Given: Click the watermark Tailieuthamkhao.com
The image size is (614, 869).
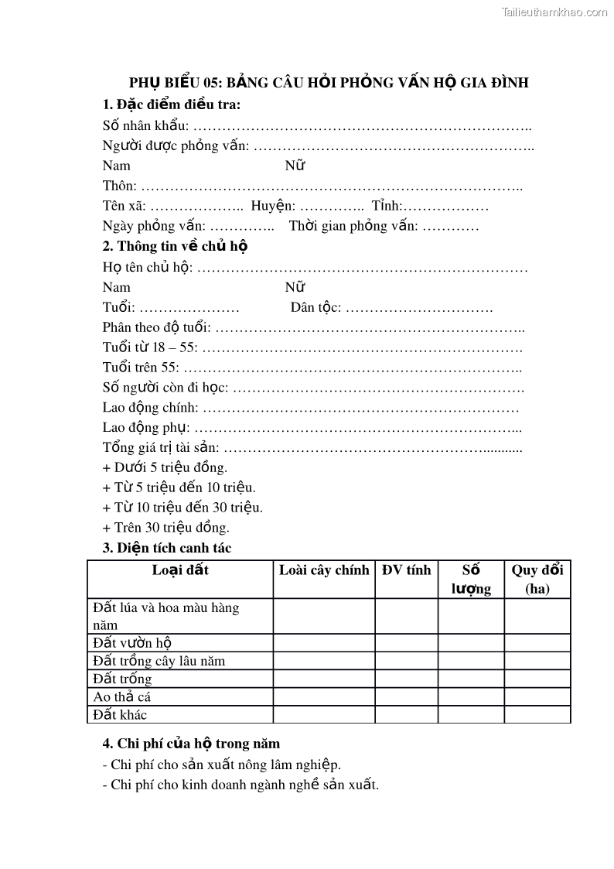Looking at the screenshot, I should coord(554,12).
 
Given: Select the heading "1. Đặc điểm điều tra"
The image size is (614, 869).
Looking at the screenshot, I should coord(171,104).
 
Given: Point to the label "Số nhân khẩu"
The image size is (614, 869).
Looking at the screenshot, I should coord(145,125).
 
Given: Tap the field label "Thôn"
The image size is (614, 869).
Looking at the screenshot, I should coord(119,186).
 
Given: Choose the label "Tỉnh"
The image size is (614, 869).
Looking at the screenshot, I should coord(386,206).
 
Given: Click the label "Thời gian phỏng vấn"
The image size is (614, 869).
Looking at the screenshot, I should coord(353,226).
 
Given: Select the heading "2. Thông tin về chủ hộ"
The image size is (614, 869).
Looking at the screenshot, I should coord(175,246).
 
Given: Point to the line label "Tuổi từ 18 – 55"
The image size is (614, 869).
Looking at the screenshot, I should coord(149,347).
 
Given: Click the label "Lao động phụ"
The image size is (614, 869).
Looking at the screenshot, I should coord(145,427).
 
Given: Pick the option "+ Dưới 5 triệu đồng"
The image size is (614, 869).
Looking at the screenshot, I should coord(165,467).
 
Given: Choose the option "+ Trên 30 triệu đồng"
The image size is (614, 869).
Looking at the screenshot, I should coord(165,528).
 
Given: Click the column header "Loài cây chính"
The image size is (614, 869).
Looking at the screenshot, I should coord(324,570).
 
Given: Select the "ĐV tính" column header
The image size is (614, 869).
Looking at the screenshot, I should coord(406,570).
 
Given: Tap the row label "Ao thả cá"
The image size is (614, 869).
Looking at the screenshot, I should coord(121,696).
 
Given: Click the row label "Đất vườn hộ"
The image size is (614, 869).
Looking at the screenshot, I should coord(131,642).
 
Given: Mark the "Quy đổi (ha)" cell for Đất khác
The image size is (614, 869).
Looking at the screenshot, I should coord(537,714).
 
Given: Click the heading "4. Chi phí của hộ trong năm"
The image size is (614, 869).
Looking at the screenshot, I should coord(191,744).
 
